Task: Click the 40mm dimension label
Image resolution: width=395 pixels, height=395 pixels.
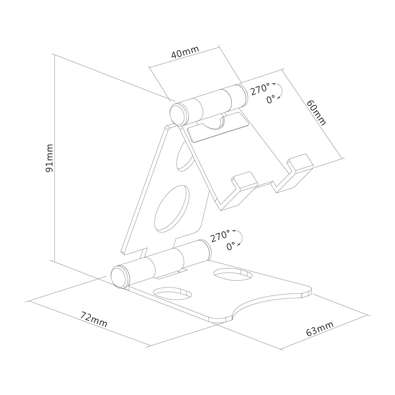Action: coord(185,52)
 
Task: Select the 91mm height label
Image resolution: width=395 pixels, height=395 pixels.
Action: coord(49,158)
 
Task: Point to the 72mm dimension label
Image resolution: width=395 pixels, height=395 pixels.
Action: coord(94,319)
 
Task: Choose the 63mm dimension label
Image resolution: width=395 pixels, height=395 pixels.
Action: coord(320,329)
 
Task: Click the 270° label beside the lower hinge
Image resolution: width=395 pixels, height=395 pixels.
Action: coord(220,236)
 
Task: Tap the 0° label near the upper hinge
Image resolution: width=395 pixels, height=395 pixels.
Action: coord(271,100)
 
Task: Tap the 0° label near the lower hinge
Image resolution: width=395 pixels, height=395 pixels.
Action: coord(231,246)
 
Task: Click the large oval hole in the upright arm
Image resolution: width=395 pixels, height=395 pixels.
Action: coord(172,209)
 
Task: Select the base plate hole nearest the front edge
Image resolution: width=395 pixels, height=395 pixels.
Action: coord(173,293)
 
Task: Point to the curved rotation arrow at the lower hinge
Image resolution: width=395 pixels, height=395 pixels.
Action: coord(240,237)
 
